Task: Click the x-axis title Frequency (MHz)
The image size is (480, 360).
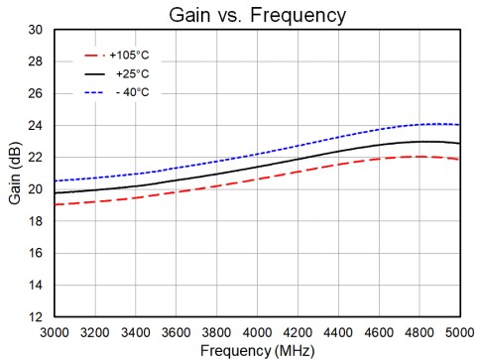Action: tap(256, 349)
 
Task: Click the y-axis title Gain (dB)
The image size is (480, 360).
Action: tap(13, 175)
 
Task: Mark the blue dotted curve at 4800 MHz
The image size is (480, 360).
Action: tap(419, 125)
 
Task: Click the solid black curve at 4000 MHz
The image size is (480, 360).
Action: tap(257, 166)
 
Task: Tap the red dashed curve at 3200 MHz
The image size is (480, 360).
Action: tap(95, 201)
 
